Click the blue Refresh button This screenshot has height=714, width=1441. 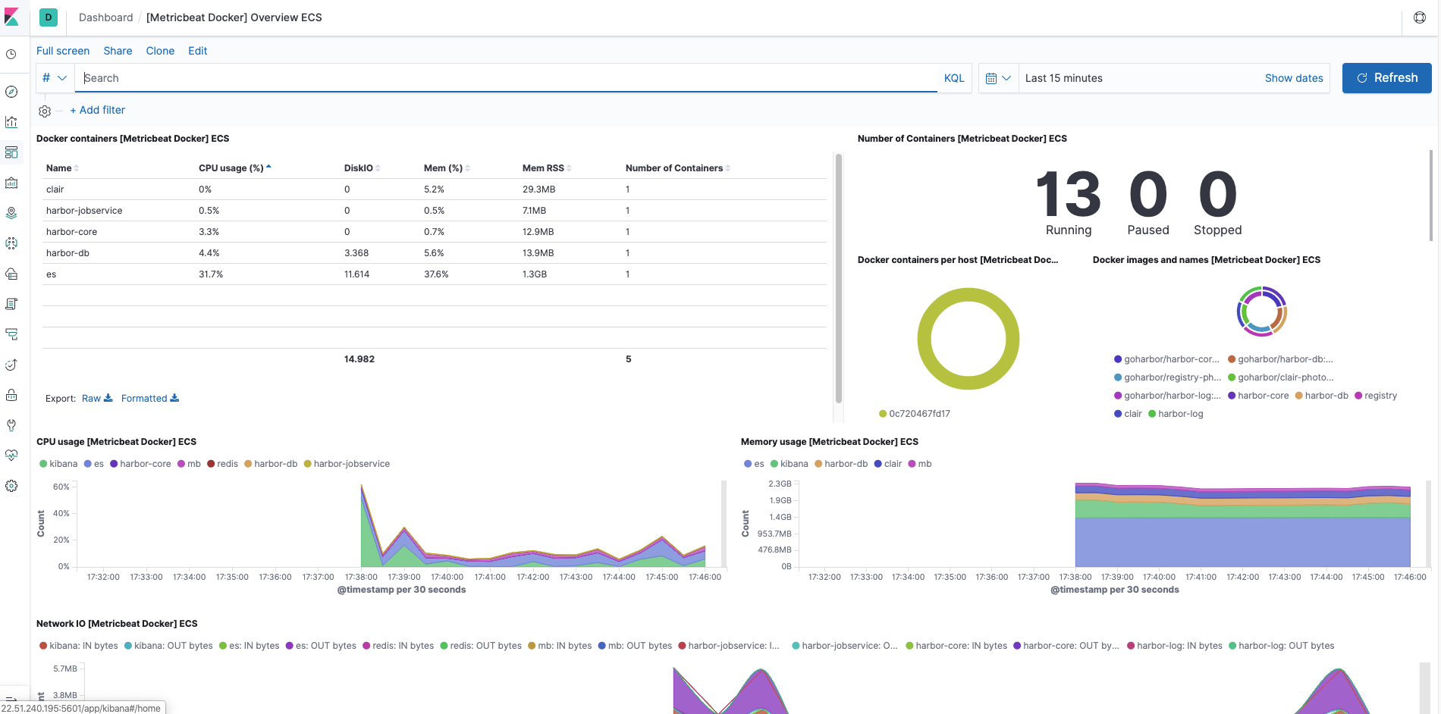[x=1386, y=78]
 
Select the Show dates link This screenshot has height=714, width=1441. [x=1293, y=78]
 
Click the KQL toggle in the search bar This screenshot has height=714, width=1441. [x=953, y=78]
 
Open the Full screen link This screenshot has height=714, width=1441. [x=63, y=51]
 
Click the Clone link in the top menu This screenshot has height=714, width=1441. [x=160, y=51]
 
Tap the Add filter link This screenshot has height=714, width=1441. [x=98, y=110]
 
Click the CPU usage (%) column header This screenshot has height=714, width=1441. [x=231, y=168]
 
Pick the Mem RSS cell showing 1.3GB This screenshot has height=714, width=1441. [x=534, y=274]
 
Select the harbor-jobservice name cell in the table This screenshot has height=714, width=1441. [x=84, y=211]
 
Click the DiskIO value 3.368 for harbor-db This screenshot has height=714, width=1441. [x=356, y=253]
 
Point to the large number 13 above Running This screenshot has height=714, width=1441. [x=1068, y=195]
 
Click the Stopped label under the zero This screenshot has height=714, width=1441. [x=1217, y=230]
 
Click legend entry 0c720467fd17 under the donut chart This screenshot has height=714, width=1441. [x=918, y=414]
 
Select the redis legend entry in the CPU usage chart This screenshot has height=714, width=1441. [x=227, y=464]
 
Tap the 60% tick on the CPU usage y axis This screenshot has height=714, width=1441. [x=61, y=487]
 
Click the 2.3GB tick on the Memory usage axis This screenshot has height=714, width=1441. [x=780, y=484]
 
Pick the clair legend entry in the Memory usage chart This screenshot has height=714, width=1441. [x=892, y=464]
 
